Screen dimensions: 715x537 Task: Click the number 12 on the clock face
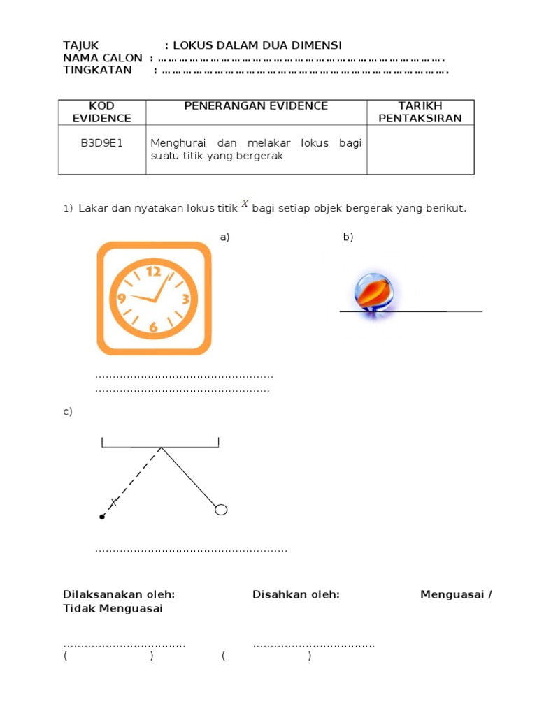coord(154,271)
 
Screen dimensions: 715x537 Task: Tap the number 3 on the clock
coord(185,300)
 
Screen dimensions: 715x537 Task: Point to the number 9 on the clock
coord(121,300)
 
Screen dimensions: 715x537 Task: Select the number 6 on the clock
coord(153,327)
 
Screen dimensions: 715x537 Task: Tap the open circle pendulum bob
coord(221,510)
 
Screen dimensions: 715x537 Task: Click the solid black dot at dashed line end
coord(102,517)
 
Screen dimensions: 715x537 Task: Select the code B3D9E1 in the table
coord(101,143)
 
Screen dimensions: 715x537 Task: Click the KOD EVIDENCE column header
coord(101,112)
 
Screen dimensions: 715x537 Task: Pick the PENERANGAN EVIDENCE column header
coord(255,106)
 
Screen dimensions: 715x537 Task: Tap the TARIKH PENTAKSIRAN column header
coord(420,112)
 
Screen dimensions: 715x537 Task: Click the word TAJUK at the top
coord(81,45)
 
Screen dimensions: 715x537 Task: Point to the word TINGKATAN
coord(97,70)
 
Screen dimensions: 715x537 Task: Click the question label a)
coord(224,237)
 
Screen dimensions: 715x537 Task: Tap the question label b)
coord(348,237)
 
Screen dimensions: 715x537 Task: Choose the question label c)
coord(68,412)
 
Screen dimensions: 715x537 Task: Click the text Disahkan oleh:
coord(296,594)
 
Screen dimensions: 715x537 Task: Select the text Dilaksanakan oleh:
coord(119,594)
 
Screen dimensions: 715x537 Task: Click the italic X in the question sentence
coord(245,204)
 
